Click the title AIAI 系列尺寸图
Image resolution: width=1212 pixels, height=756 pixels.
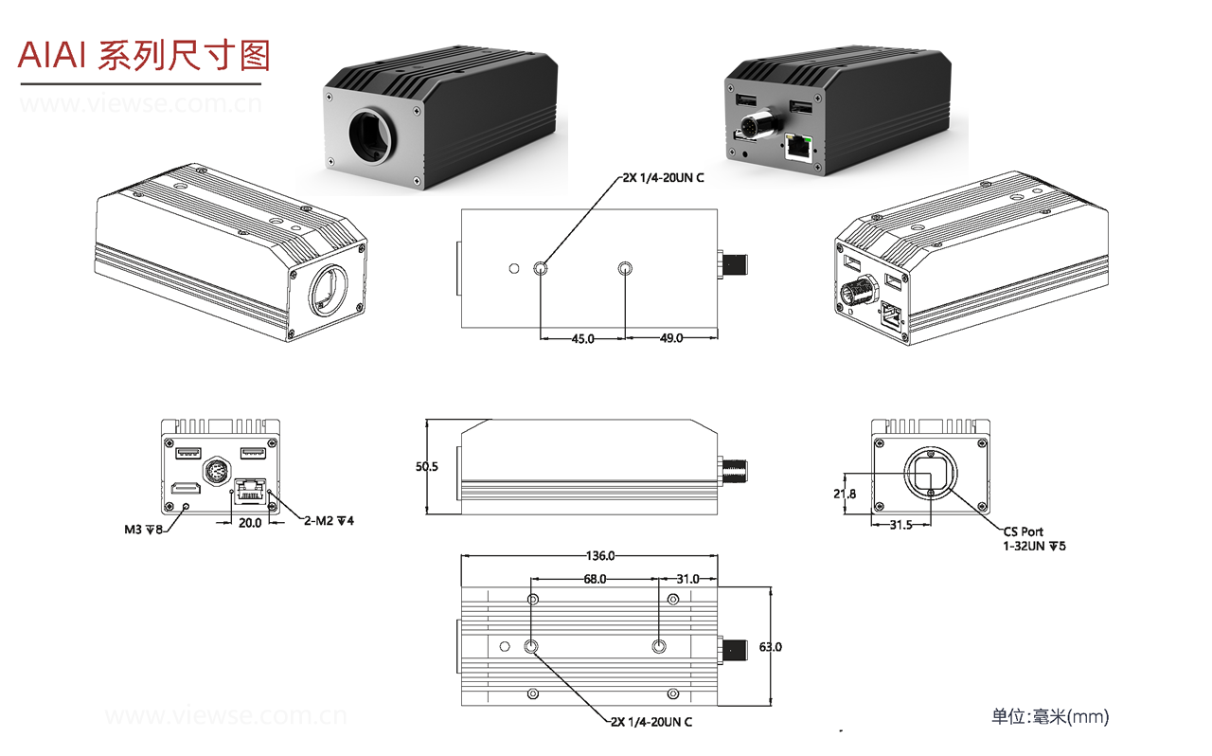point(144,57)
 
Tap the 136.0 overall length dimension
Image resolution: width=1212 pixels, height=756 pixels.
point(600,556)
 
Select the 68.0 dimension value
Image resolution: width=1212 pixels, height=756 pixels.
point(595,579)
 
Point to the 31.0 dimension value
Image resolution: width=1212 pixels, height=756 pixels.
point(687,579)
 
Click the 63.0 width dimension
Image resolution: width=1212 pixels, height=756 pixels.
point(771,647)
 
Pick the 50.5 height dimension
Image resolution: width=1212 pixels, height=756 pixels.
point(427,467)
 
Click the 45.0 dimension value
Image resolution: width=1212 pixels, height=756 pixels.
point(581,338)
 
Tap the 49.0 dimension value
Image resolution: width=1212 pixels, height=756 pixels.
point(670,338)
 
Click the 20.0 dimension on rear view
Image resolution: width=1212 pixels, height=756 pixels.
point(250,522)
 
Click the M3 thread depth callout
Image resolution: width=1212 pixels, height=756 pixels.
point(144,529)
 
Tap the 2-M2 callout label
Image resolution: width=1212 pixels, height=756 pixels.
point(329,521)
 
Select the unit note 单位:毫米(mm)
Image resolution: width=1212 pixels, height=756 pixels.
point(1049,717)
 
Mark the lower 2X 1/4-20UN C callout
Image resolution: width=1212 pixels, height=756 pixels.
point(651,722)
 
